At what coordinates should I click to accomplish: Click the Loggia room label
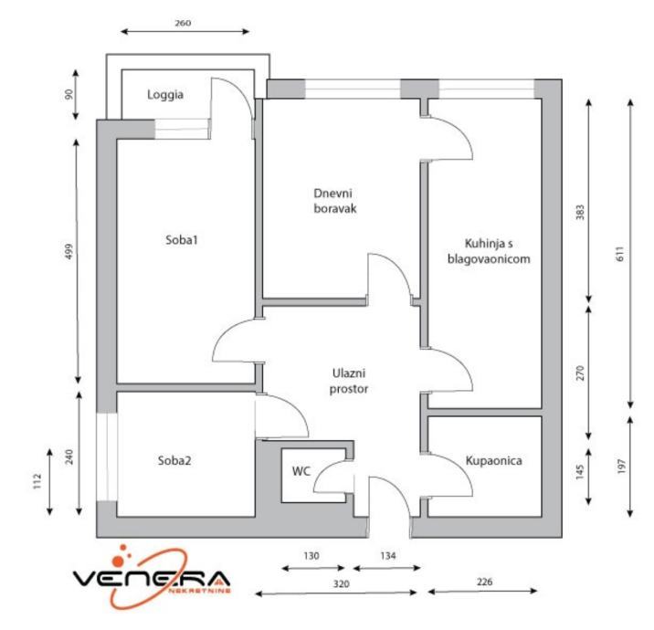tap(165, 94)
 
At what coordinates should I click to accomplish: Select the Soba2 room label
tap(174, 460)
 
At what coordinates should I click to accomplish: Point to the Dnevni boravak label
tap(333, 201)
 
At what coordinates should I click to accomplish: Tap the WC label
tap(301, 471)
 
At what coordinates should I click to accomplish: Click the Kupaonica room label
tap(493, 461)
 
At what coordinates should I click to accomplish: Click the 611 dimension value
tap(618, 257)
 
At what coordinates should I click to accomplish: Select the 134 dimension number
tap(386, 555)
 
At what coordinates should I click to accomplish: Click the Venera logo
tap(153, 579)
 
